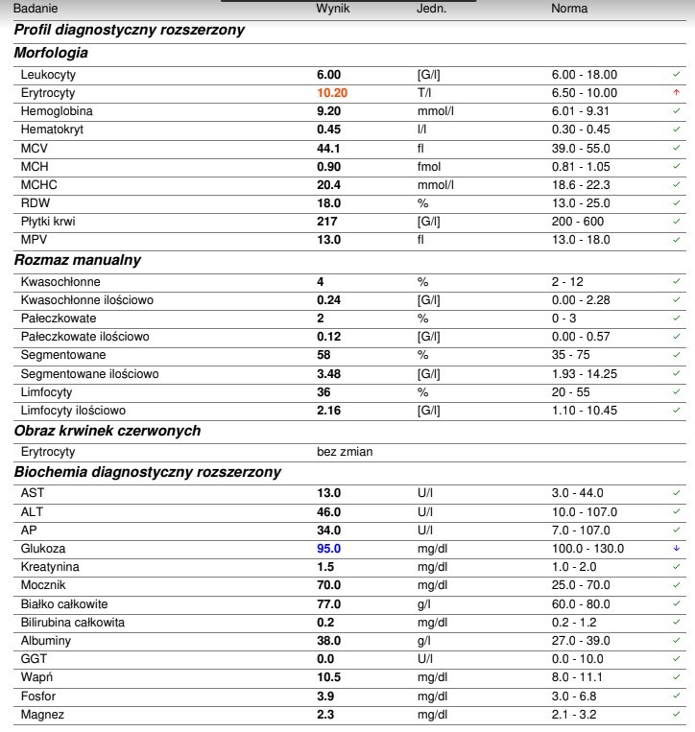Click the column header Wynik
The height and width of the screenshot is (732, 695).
click(333, 9)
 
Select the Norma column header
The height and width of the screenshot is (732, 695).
click(569, 9)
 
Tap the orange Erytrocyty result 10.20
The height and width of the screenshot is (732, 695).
click(332, 93)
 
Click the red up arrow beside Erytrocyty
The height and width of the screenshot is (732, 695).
click(677, 93)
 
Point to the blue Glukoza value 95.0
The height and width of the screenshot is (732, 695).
click(329, 549)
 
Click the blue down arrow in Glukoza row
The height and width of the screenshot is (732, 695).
click(677, 549)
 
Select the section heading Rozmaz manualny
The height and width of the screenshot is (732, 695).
click(77, 260)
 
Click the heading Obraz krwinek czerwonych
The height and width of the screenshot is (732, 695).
click(107, 431)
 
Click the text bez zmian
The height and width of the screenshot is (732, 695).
click(345, 451)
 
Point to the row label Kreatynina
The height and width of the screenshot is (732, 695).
click(50, 567)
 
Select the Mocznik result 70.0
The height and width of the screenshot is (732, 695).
click(329, 585)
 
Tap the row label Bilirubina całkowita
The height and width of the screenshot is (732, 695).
click(72, 622)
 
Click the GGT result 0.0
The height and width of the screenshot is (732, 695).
click(325, 659)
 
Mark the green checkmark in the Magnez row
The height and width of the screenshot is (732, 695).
click(677, 714)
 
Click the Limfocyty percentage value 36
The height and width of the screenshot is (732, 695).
click(324, 392)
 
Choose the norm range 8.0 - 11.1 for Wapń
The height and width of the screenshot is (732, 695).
click(577, 677)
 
